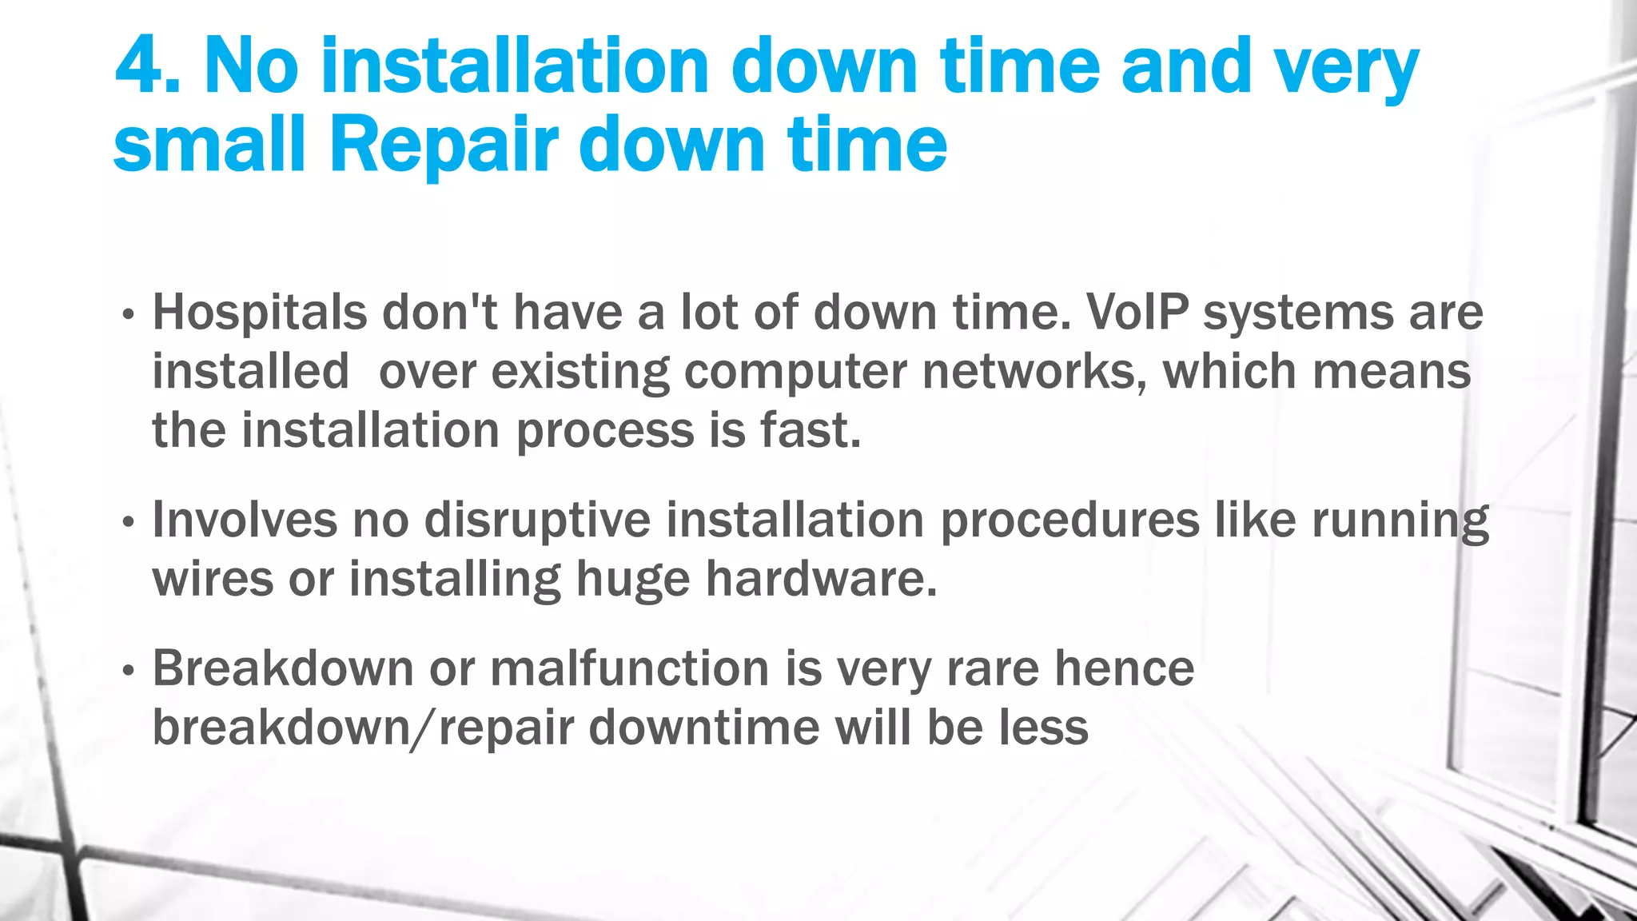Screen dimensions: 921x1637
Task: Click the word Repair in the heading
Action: point(444,145)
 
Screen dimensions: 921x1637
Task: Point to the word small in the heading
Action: point(210,145)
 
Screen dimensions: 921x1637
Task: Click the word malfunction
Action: point(630,668)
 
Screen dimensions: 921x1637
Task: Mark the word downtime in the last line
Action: point(704,728)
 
